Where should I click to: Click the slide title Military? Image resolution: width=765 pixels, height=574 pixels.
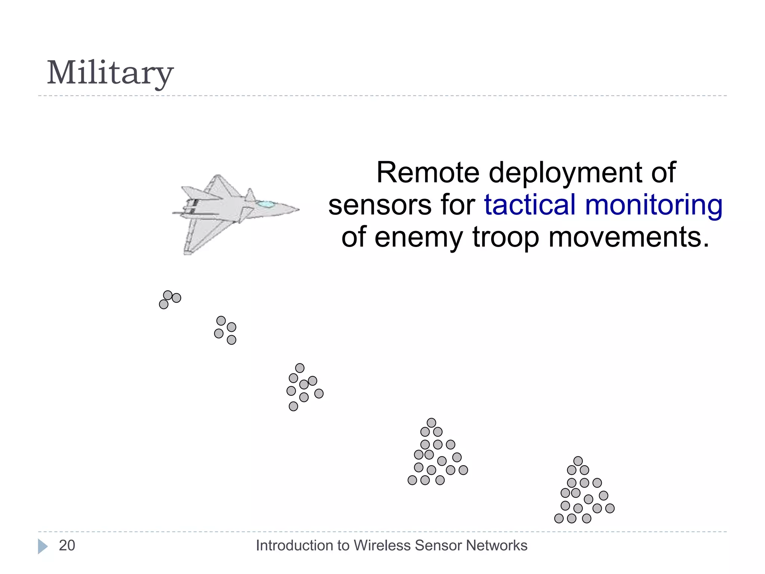pyautogui.click(x=110, y=73)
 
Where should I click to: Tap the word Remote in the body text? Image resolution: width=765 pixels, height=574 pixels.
pyautogui.click(x=427, y=173)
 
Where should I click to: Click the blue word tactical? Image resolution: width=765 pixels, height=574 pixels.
pyautogui.click(x=530, y=205)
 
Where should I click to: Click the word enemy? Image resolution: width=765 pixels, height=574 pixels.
pyautogui.click(x=418, y=238)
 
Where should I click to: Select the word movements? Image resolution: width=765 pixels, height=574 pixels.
pyautogui.click(x=628, y=237)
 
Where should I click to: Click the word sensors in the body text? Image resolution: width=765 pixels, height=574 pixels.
pyautogui.click(x=380, y=206)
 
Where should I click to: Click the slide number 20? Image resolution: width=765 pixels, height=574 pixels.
pyautogui.click(x=67, y=546)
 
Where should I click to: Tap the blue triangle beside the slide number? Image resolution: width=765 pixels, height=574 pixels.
pyautogui.click(x=43, y=546)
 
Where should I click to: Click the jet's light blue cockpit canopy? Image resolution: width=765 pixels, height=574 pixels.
pyautogui.click(x=266, y=204)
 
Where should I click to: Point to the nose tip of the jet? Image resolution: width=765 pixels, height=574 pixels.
pyautogui.click(x=298, y=209)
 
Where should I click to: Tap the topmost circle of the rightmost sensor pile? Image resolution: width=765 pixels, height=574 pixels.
pyautogui.click(x=578, y=461)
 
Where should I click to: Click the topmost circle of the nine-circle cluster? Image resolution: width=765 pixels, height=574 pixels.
pyautogui.click(x=300, y=368)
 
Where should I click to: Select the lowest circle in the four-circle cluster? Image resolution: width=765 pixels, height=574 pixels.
pyautogui.click(x=232, y=340)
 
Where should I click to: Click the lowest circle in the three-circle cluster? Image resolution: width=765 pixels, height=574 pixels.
pyautogui.click(x=164, y=305)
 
